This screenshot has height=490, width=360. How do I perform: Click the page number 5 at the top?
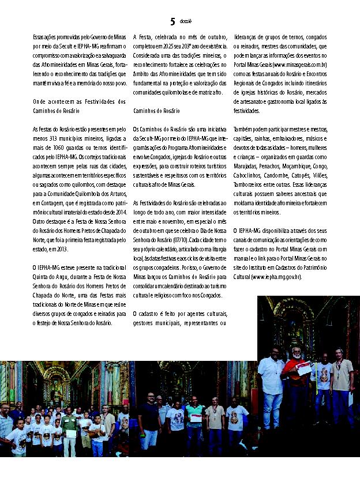tap(172, 22)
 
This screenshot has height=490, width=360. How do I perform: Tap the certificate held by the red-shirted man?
tap(303, 368)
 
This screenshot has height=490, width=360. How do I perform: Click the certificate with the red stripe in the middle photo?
tap(196, 417)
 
